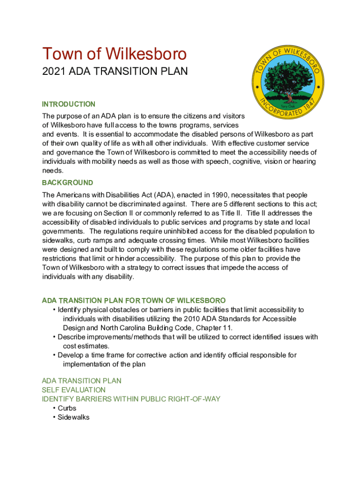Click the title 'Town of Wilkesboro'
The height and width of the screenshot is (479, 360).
point(114,54)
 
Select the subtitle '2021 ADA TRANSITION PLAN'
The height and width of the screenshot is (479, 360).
point(115,72)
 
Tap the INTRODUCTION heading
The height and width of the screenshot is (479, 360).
point(68,104)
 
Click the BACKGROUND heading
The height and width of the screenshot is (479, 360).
point(67,182)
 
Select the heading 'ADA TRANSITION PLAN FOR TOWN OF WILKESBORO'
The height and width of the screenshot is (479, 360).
point(134,300)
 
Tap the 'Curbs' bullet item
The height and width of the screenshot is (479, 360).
point(67,408)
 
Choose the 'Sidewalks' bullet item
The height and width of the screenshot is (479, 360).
point(73,417)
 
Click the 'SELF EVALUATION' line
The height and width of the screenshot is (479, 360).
point(73,390)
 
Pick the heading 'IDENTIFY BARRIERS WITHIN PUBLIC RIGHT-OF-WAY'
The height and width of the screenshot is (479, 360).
point(131,399)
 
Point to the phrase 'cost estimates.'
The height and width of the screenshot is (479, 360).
point(86,346)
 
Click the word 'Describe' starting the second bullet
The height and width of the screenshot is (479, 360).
point(73,337)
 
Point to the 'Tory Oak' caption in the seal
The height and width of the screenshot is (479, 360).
point(287,106)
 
